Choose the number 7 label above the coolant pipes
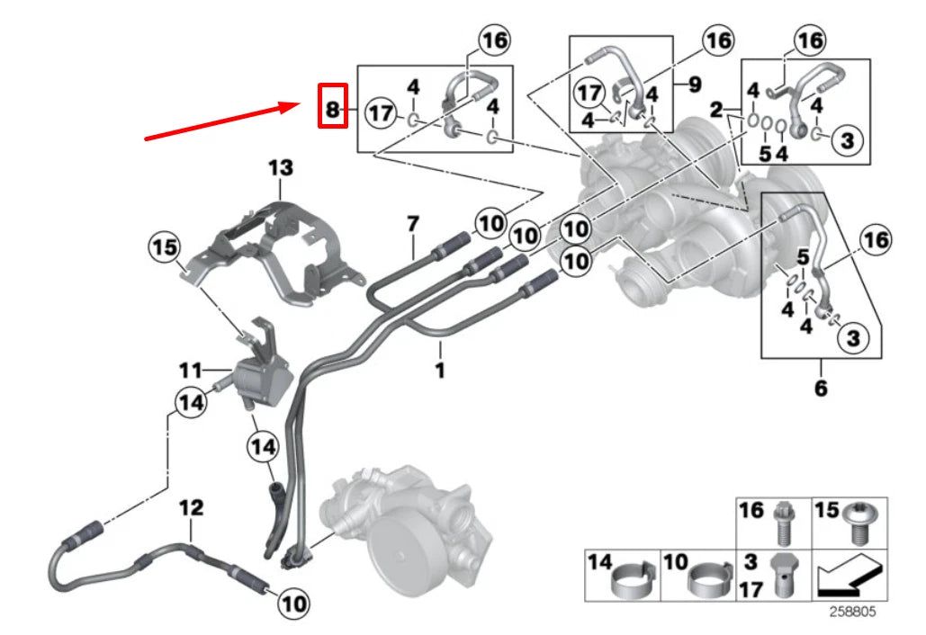pyautogui.click(x=413, y=222)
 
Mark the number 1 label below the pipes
pyautogui.click(x=440, y=370)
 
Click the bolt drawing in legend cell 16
pyautogui.click(x=782, y=523)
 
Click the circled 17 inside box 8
pyautogui.click(x=382, y=113)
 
